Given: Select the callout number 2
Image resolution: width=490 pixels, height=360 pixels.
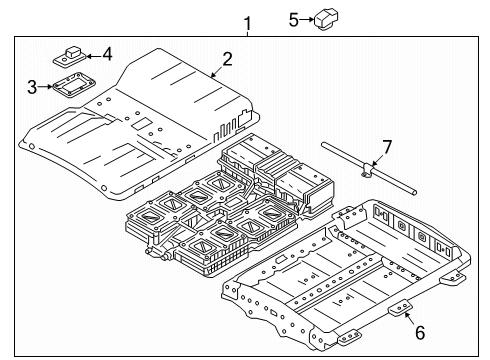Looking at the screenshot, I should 228,59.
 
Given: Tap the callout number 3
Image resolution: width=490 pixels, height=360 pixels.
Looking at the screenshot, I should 32,87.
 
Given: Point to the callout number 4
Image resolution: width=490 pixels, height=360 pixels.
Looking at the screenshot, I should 107,53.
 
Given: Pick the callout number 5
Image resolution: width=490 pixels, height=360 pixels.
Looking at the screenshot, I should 292,17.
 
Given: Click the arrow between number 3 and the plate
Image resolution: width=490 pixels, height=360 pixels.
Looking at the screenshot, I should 45,87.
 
